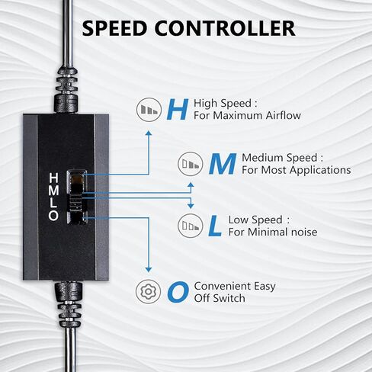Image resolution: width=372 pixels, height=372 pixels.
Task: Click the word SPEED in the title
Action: click(x=114, y=28)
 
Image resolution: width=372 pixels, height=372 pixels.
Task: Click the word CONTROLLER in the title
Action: click(x=225, y=28)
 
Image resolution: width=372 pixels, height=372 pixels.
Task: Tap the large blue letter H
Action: click(x=178, y=110)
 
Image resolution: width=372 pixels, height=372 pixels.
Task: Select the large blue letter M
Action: click(x=223, y=164)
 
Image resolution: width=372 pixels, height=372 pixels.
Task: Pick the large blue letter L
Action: click(x=215, y=226)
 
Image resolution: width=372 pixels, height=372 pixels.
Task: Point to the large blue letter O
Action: click(x=178, y=292)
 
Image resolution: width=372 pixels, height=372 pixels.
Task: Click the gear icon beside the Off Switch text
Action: click(x=149, y=292)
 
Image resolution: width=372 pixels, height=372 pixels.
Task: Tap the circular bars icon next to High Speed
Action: click(x=149, y=110)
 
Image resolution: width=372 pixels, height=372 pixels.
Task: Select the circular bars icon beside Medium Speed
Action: click(x=191, y=164)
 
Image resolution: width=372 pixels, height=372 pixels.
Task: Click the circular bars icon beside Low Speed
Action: click(x=191, y=226)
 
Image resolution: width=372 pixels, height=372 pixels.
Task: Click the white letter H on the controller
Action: click(x=53, y=178)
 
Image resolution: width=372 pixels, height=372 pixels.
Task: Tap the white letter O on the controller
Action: click(x=53, y=216)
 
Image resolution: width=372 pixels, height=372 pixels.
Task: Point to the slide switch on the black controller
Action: click(x=75, y=197)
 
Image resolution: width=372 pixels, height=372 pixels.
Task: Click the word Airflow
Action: click(x=284, y=116)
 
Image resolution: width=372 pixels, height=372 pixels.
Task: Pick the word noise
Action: click(x=304, y=232)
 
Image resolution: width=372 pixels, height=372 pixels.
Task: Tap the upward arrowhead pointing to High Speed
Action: click(x=149, y=133)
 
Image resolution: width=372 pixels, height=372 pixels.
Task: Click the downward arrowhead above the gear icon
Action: click(x=149, y=270)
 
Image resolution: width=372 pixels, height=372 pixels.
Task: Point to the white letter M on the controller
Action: click(x=53, y=191)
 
